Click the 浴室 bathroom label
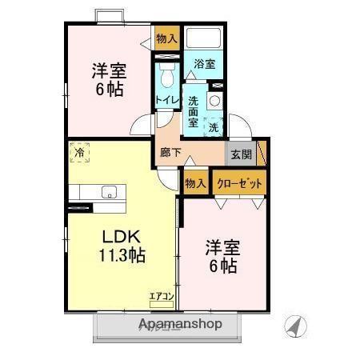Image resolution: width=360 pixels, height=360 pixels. [203, 64]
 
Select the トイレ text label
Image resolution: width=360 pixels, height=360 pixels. [166, 99]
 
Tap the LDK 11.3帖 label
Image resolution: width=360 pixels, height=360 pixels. [122, 246]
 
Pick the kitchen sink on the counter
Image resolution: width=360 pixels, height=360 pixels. [109, 192]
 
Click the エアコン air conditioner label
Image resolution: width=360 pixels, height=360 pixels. [162, 298]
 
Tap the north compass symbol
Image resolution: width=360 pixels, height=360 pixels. [296, 326]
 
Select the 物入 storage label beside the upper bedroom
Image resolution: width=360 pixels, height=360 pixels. [166, 38]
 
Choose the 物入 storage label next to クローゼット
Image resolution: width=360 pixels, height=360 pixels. [196, 182]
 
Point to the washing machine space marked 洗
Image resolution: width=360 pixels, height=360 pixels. [214, 126]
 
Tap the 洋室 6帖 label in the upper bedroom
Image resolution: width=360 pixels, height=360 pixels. [107, 79]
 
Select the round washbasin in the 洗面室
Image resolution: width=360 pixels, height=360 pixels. [214, 101]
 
